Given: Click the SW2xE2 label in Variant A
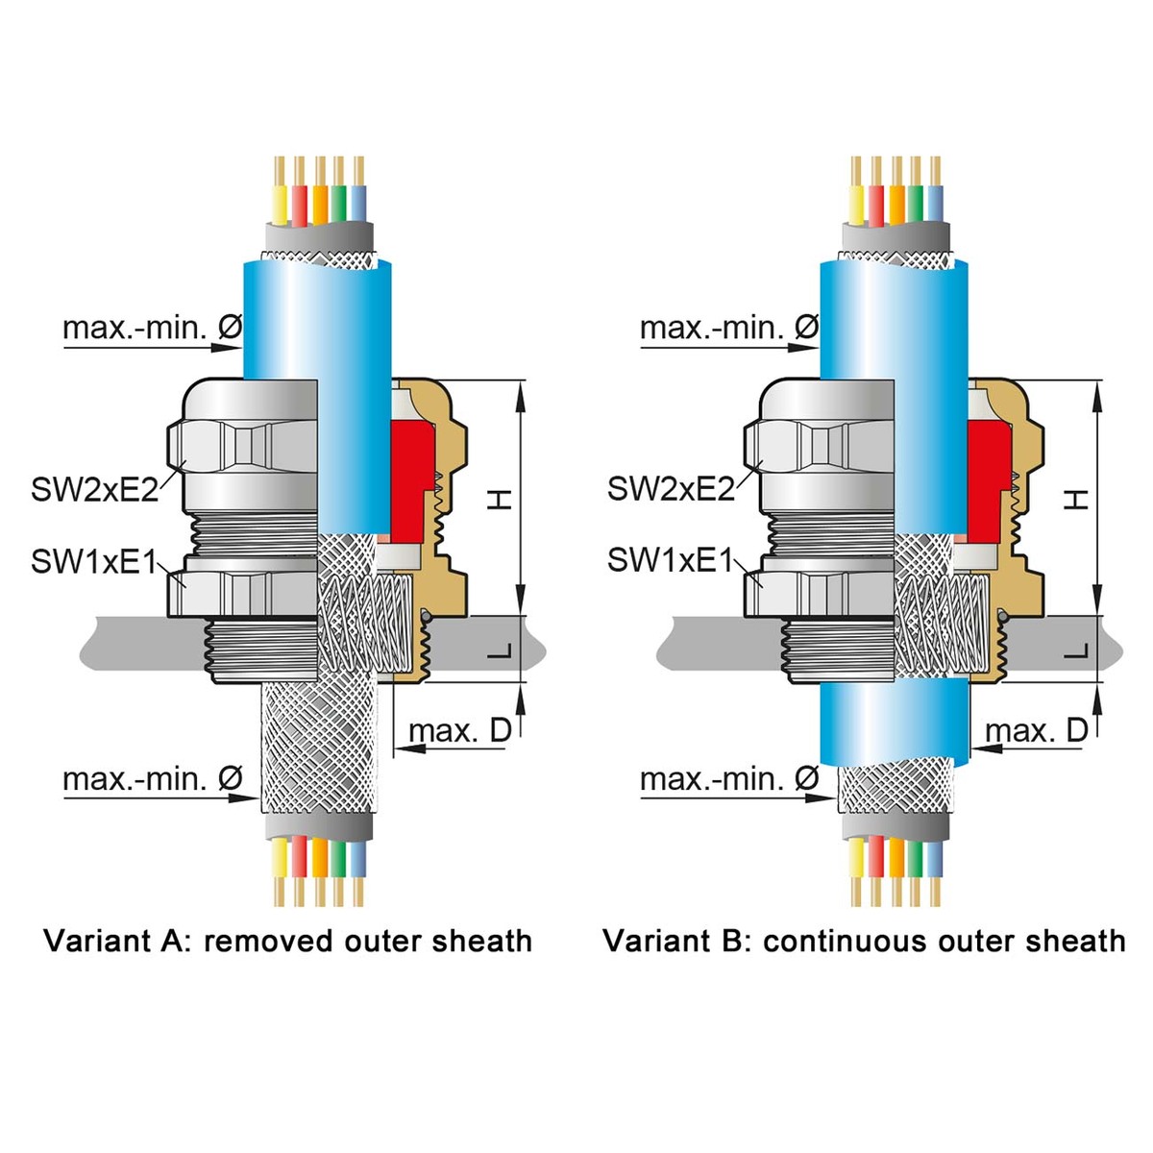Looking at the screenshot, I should [x=94, y=489].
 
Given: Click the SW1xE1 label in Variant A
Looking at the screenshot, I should [x=93, y=561].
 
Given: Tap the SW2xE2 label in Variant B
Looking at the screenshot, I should [x=671, y=489].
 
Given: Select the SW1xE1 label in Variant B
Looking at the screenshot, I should [x=670, y=561].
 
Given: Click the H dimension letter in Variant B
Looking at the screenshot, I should [x=1078, y=499].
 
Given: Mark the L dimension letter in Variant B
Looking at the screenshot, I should [x=1078, y=651].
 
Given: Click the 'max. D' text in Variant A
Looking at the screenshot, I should [x=460, y=731].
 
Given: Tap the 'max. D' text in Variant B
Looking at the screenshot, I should [x=1037, y=731].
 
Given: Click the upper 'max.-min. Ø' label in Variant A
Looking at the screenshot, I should [x=152, y=329].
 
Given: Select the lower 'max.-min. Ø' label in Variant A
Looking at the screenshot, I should [x=152, y=779].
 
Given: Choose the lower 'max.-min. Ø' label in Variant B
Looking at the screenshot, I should [x=729, y=779].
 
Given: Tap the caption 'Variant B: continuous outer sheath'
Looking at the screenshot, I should [x=864, y=941].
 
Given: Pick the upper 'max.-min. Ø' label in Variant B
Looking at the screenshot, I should [x=729, y=329].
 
